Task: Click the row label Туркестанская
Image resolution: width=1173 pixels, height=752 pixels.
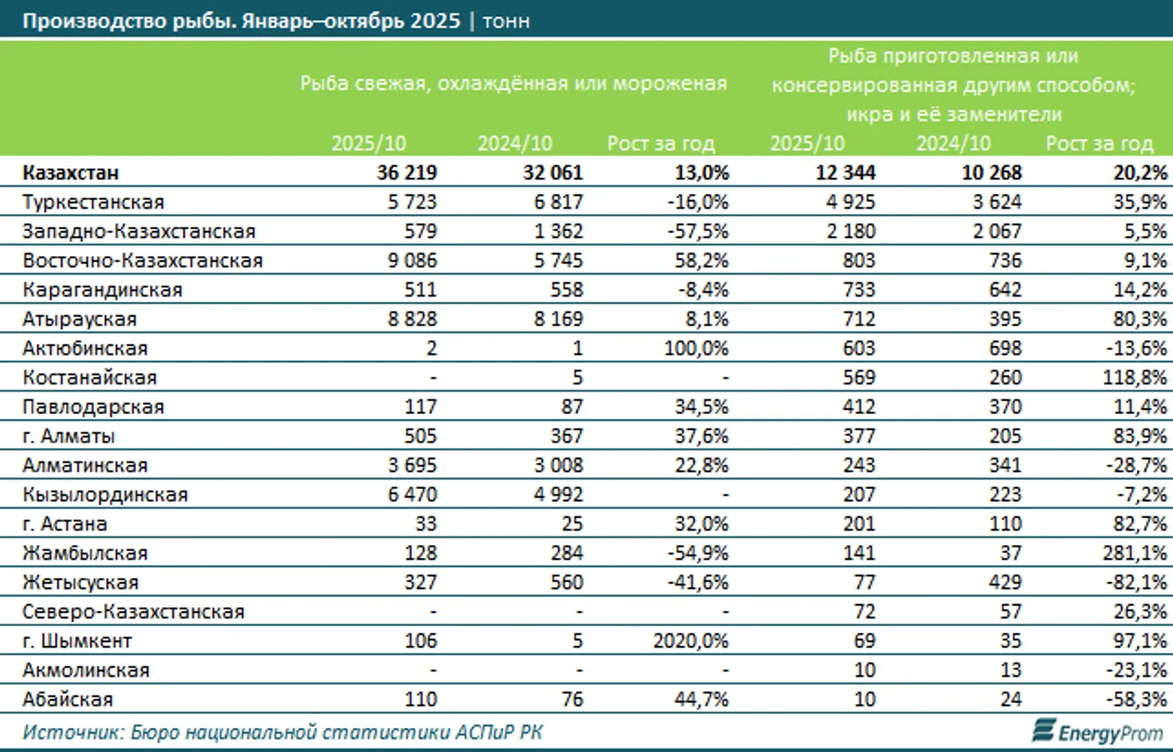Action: [93, 203]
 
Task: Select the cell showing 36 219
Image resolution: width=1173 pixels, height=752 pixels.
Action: [407, 173]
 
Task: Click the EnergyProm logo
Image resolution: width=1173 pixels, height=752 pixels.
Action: [1098, 731]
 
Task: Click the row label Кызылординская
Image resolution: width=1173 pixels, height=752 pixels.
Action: [105, 495]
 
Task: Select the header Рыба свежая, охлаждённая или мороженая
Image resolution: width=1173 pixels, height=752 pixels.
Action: [513, 84]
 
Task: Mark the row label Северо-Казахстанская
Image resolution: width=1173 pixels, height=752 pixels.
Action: [134, 612]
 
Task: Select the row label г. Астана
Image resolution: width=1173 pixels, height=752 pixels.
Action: [66, 524]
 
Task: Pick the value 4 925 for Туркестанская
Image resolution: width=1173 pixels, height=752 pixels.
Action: [850, 203]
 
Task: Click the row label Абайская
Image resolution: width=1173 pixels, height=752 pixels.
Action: [67, 700]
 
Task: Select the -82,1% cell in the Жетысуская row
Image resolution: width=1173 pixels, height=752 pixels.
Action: [1136, 583]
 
